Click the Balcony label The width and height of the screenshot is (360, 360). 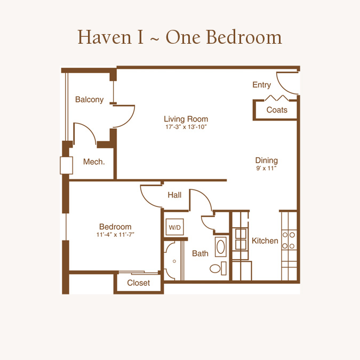click(89, 100)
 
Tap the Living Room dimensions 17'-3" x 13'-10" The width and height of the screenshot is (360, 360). click(186, 127)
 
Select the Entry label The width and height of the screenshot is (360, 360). click(261, 85)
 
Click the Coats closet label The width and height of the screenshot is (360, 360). click(277, 110)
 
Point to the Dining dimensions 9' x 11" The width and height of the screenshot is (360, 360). click(266, 169)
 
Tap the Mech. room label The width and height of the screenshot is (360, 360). click(94, 162)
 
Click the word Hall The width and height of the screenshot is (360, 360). click(174, 195)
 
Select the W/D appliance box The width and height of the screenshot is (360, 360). click(175, 227)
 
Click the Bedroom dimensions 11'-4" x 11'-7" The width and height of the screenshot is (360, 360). click(115, 235)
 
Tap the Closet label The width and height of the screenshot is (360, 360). click(139, 283)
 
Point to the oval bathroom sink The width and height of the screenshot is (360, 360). click(221, 247)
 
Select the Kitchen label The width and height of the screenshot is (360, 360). click(265, 241)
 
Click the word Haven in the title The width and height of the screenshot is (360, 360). click(105, 37)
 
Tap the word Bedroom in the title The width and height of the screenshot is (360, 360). click(244, 37)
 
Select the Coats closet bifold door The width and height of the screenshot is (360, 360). click(277, 98)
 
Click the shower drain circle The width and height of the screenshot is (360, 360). click(174, 261)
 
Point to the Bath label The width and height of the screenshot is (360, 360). click(200, 253)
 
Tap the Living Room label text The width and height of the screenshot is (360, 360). click(186, 119)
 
